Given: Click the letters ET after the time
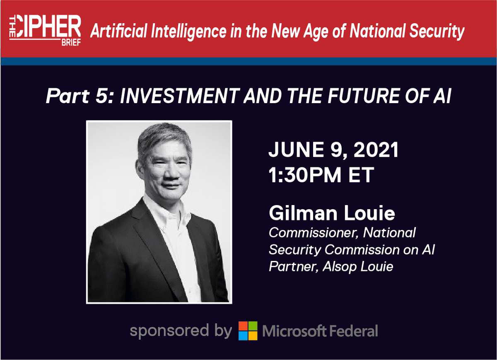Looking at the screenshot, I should [363, 174].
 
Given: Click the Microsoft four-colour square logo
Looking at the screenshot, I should [248, 331].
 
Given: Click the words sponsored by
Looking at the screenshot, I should [181, 331].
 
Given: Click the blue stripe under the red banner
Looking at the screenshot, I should [248, 61].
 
